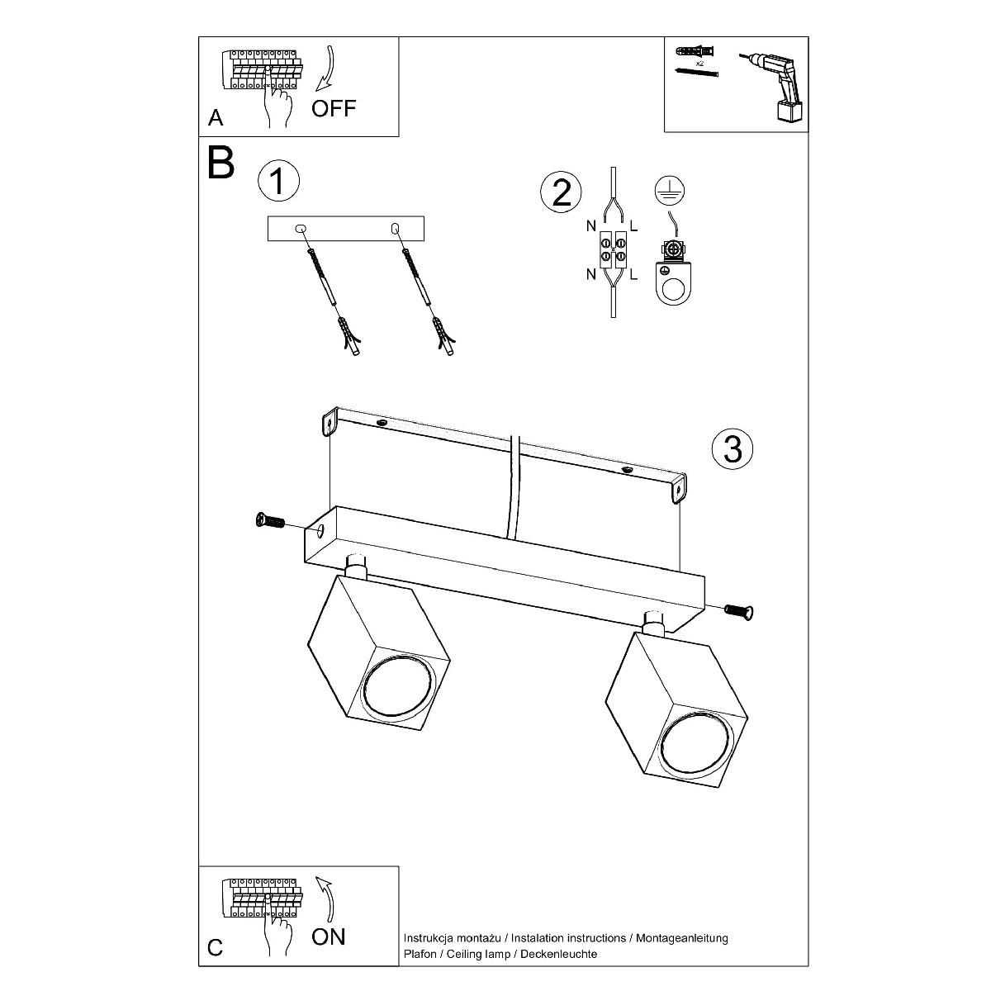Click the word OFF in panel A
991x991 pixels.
(x=334, y=108)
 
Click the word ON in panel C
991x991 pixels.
(x=329, y=936)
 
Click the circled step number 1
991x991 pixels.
(x=278, y=181)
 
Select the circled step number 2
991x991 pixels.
(x=561, y=192)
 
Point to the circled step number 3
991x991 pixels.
(x=733, y=448)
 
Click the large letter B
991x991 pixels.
(x=221, y=163)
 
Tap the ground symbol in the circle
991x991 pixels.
(x=670, y=190)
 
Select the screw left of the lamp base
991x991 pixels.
(x=270, y=521)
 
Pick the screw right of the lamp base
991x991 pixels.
(x=739, y=611)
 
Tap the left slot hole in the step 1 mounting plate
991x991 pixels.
(x=301, y=228)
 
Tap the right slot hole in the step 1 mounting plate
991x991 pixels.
(x=395, y=228)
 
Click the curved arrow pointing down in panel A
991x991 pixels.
(x=327, y=69)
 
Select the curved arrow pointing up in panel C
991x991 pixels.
(x=325, y=899)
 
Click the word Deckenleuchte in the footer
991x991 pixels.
(x=558, y=954)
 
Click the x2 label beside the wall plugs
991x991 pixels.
(x=699, y=64)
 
